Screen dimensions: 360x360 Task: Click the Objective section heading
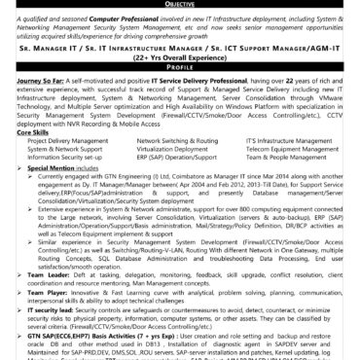[179, 5]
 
